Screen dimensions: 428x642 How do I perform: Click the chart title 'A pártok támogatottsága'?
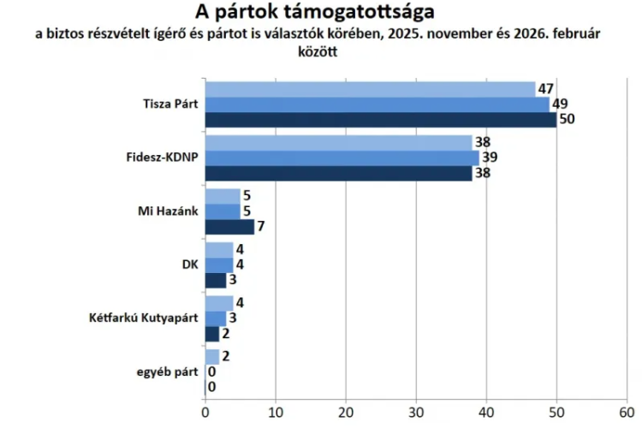pos(314,13)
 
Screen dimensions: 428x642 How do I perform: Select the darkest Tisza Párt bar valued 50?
pos(381,120)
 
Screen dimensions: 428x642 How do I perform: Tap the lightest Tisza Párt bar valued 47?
pos(370,89)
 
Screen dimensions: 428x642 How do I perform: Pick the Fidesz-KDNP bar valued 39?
pos(342,158)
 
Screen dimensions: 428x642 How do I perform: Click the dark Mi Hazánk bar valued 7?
pos(229,227)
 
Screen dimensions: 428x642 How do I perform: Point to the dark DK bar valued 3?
pos(216,280)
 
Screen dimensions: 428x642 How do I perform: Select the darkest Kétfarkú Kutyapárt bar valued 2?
pos(212,334)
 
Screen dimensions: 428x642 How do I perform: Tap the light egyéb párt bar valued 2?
pos(212,357)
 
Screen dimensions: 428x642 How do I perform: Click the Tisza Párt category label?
pos(169,104)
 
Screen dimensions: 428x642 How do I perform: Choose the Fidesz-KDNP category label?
pos(161,158)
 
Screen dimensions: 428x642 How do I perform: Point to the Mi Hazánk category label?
pos(168,211)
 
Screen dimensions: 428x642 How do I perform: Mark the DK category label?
pos(189,265)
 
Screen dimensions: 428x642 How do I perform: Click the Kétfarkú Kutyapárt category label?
pos(144,318)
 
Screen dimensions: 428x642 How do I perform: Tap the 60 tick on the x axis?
pos(627,410)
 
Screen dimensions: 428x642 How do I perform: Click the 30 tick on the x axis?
pos(416,410)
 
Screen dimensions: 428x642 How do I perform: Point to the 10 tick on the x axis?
pos(276,410)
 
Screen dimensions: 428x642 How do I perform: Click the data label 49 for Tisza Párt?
pos(560,104)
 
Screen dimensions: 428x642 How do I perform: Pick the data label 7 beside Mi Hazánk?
pos(262,228)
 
